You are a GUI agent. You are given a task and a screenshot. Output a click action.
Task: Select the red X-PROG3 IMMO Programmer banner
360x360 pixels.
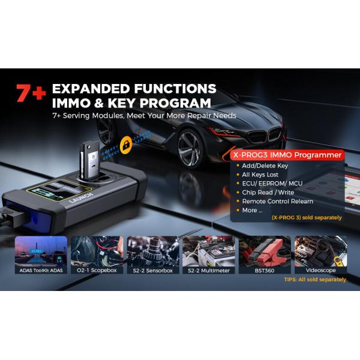[x=287, y=155]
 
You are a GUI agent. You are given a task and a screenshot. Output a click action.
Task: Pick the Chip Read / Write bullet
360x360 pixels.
[x=268, y=192]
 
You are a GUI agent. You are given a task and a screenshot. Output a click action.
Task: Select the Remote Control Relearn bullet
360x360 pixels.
[x=277, y=201]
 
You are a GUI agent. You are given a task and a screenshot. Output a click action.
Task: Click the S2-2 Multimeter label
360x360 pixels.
[x=208, y=270]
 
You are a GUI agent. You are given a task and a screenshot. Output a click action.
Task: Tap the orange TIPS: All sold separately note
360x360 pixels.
[x=316, y=280]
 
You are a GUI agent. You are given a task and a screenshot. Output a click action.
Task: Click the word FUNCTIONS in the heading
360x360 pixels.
[x=173, y=89]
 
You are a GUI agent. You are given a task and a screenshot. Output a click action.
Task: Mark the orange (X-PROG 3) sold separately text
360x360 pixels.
[x=306, y=217]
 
